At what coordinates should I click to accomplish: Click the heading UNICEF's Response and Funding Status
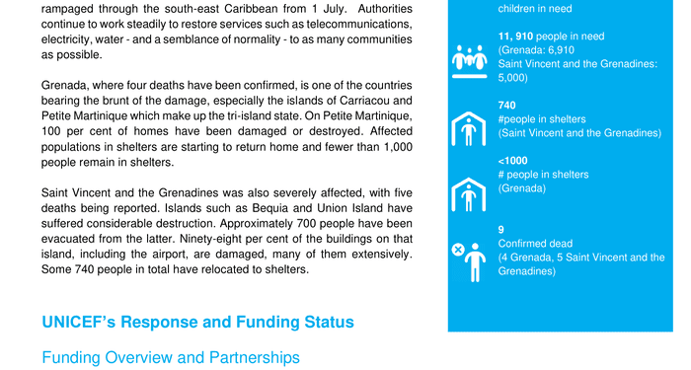(x=197, y=323)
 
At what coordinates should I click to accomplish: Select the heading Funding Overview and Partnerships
(x=171, y=358)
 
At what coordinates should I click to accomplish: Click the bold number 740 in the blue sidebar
(x=507, y=105)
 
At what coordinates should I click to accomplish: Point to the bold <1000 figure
(x=514, y=161)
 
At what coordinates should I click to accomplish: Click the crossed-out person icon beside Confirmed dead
(x=470, y=255)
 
